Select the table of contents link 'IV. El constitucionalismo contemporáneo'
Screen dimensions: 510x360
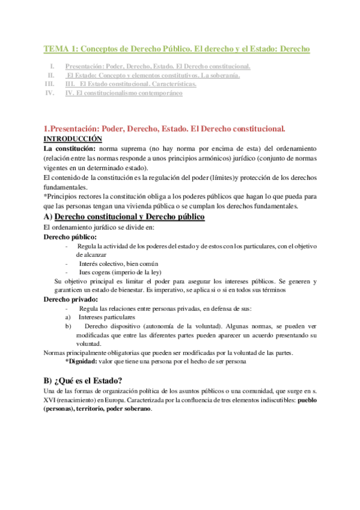[123, 93]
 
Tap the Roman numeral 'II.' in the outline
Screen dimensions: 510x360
[51, 75]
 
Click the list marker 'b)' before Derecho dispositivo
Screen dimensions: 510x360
[68, 325]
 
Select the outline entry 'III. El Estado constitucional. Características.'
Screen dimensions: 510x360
[130, 84]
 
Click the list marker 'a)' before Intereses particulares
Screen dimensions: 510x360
[68, 316]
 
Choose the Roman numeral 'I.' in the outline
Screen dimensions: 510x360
[53, 66]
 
